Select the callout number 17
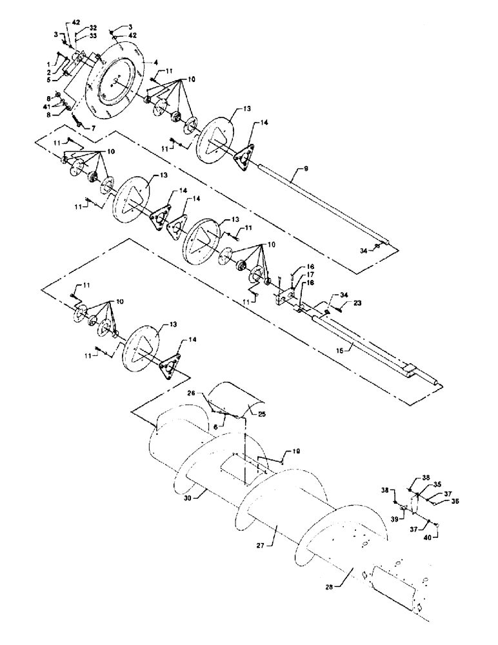pos(310,273)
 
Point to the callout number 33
pos(94,37)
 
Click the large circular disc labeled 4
pos(116,84)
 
